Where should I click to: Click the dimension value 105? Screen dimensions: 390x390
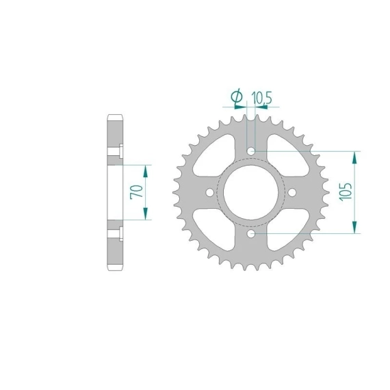tap(346, 192)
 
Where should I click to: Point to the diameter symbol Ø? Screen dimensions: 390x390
tap(237, 96)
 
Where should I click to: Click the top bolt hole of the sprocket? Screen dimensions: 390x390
tap(252, 151)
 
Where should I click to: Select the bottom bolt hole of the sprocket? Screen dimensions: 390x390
tap(251, 233)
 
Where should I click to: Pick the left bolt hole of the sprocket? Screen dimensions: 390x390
tap(210, 192)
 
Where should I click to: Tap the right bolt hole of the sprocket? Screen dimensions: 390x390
tap(292, 192)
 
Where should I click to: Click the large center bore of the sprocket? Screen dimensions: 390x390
tap(250, 192)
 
